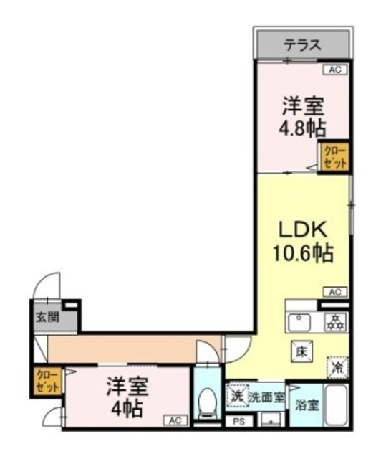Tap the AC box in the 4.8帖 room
pyautogui.click(x=334, y=70)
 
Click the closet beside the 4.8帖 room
pyautogui.click(x=334, y=156)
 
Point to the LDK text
pyautogui.click(x=302, y=231)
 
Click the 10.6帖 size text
pyautogui.click(x=302, y=253)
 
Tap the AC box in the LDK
pyautogui.click(x=334, y=291)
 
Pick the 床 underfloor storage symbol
pyautogui.click(x=301, y=351)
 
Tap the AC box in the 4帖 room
pyautogui.click(x=175, y=420)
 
